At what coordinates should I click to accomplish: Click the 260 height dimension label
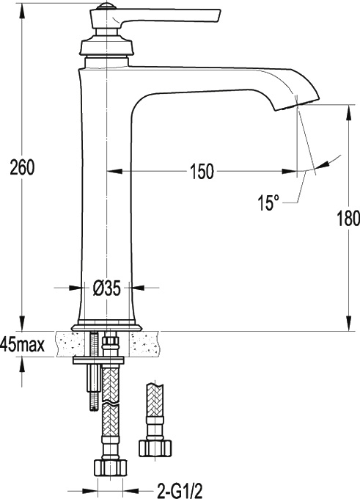22,168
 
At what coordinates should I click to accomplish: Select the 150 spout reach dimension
202,172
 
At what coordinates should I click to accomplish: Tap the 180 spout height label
348,218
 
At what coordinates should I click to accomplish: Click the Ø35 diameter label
107,288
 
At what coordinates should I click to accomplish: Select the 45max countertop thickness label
22,344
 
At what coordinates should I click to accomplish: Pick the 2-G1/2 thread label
180,491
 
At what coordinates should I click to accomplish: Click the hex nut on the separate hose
155,448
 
